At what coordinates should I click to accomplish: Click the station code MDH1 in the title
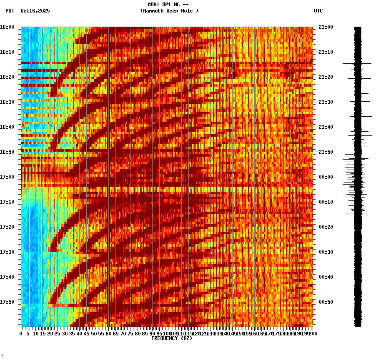(x=154, y=5)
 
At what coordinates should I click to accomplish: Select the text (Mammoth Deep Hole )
(x=169, y=11)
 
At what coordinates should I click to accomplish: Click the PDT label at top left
(x=10, y=11)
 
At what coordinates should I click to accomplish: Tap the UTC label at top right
(x=318, y=11)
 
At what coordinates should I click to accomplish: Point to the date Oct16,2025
(x=35, y=11)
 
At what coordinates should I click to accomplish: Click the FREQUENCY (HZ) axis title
(x=172, y=338)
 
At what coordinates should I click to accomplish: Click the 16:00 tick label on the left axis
(x=7, y=27)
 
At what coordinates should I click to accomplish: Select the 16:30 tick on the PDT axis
(x=7, y=102)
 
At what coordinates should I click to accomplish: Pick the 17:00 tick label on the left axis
(x=7, y=177)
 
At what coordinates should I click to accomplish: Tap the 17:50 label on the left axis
(x=7, y=302)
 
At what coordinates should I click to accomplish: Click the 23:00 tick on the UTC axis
(x=326, y=27)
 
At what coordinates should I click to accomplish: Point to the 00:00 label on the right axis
(x=326, y=177)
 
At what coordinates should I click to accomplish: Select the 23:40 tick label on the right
(x=326, y=127)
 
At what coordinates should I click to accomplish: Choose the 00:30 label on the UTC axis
(x=326, y=252)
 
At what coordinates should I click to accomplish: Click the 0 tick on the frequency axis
(x=21, y=334)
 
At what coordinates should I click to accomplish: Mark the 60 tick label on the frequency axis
(x=108, y=334)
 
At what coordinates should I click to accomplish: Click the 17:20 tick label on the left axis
(x=7, y=227)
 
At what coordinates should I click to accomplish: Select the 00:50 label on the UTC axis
(x=326, y=302)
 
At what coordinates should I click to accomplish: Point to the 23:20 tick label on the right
(x=326, y=77)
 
